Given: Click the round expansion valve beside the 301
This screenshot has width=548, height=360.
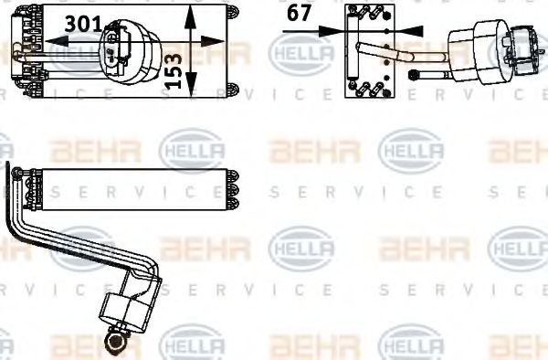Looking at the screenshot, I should click(x=127, y=48).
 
